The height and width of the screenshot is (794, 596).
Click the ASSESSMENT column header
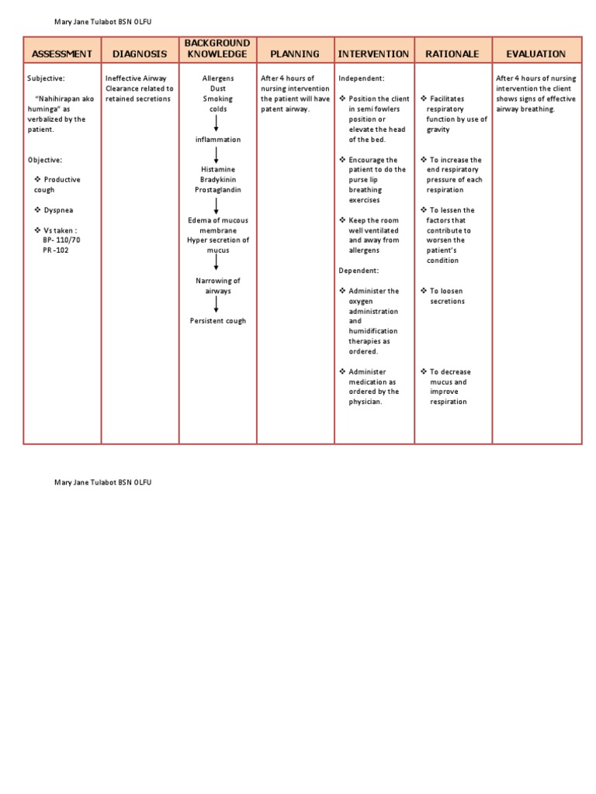pyautogui.click(x=62, y=54)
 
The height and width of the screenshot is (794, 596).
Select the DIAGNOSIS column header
pyautogui.click(x=140, y=54)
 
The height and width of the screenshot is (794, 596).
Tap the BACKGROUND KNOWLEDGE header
pyautogui.click(x=217, y=48)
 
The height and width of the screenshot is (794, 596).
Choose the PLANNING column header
pyautogui.click(x=295, y=54)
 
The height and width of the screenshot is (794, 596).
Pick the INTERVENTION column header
pyautogui.click(x=373, y=54)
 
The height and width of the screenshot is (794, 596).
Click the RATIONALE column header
pyautogui.click(x=452, y=54)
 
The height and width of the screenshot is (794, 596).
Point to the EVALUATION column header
pyautogui.click(x=536, y=54)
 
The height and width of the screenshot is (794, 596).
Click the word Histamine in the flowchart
pyautogui.click(x=217, y=169)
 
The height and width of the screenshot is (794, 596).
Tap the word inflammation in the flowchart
pyautogui.click(x=217, y=140)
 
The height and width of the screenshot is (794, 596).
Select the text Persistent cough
pyautogui.click(x=217, y=321)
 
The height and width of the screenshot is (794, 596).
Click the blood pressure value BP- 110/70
pyautogui.click(x=61, y=240)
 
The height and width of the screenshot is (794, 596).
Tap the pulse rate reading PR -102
pyautogui.click(x=56, y=250)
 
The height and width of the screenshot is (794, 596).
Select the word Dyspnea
pyautogui.click(x=58, y=210)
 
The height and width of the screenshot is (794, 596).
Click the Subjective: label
pyautogui.click(x=47, y=79)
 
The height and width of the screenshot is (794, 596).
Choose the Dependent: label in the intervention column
pyautogui.click(x=359, y=271)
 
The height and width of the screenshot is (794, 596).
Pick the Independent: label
pyautogui.click(x=362, y=79)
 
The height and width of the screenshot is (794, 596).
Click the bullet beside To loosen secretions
pyautogui.click(x=424, y=291)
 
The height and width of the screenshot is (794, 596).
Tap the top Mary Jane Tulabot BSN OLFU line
pyautogui.click(x=102, y=22)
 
